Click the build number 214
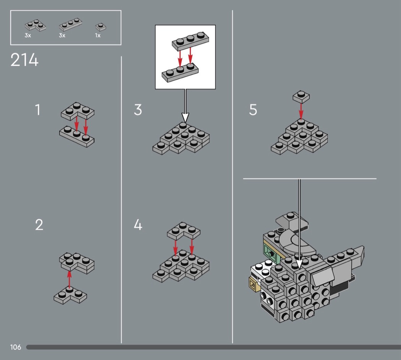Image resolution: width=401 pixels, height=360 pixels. [24, 60]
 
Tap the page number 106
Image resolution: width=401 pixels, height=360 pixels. [16, 347]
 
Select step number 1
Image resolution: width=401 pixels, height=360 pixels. [37, 110]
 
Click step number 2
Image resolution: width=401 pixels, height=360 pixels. [39, 225]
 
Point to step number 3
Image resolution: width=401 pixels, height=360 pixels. [138, 110]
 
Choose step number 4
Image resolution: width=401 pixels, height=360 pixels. [138, 225]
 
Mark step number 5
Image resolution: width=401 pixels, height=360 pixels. [253, 110]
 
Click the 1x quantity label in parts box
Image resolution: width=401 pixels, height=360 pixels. [98, 36]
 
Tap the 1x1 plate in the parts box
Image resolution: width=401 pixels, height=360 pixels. [100, 26]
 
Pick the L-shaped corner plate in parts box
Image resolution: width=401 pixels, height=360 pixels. [35, 26]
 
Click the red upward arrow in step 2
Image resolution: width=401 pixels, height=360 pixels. [69, 279]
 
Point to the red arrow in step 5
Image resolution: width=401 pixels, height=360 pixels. [301, 110]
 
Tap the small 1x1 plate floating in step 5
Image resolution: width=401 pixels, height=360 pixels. [301, 96]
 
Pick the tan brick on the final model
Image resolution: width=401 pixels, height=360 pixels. [253, 284]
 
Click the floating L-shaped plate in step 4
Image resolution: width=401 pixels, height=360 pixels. [184, 230]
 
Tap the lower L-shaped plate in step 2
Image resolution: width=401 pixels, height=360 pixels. [70, 295]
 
